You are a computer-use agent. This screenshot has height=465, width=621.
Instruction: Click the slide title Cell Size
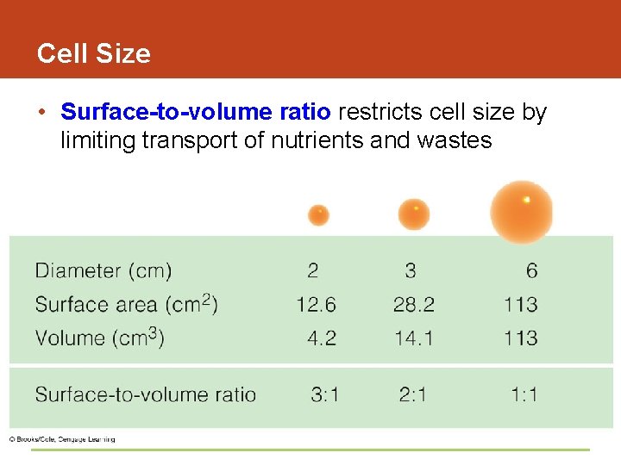tap(93, 53)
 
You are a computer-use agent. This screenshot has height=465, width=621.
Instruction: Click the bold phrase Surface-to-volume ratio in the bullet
tap(196, 113)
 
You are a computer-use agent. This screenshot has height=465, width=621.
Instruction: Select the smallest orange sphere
tap(318, 214)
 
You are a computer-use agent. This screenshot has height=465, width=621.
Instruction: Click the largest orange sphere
tap(522, 211)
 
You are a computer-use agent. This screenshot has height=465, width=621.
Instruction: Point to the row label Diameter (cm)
tap(103, 271)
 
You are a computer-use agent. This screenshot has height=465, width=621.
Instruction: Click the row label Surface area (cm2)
tap(126, 304)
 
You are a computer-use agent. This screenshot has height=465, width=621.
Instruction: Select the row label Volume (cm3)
tap(99, 338)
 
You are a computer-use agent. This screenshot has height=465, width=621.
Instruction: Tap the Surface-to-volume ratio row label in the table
tap(146, 395)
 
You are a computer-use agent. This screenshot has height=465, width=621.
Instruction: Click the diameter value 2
tap(312, 271)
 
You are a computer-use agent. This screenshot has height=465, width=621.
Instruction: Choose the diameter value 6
tap(531, 271)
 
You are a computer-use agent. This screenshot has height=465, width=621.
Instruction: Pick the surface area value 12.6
tap(316, 305)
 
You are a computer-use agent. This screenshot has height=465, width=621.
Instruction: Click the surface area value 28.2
tap(414, 305)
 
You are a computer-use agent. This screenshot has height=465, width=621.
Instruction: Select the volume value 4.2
tap(322, 338)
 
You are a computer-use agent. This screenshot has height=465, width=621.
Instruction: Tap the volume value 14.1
tap(414, 338)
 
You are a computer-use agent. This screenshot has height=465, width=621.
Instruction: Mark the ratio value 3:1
tap(325, 395)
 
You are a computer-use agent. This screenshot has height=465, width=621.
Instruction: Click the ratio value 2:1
tap(413, 395)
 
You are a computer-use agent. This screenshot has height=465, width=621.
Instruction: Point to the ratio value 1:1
tap(524, 395)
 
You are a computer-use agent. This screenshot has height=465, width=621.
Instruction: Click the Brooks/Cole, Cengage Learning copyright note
tap(62, 439)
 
